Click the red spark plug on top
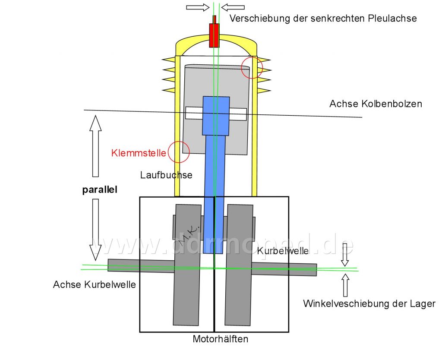point(214,33)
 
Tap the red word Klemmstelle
point(139,153)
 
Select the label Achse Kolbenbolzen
point(376,104)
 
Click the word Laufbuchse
point(166,175)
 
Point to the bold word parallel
point(100,190)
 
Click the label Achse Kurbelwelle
point(95,284)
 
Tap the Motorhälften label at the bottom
point(221,339)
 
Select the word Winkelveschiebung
point(346,304)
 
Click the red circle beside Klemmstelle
point(179,152)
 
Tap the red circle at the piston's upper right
point(252,68)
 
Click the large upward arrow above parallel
point(95,146)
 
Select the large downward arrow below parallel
point(95,230)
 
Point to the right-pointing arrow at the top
point(198,7)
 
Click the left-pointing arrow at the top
point(233,7)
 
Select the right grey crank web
point(239,265)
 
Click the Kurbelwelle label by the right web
point(283,251)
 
